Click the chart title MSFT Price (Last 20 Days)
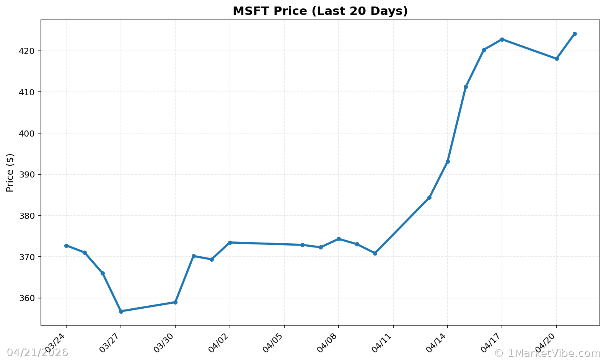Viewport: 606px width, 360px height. (x=320, y=11)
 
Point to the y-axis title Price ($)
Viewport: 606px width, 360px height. (x=10, y=173)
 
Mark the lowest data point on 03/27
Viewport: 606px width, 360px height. (x=121, y=311)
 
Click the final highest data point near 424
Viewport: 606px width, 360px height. (x=575, y=34)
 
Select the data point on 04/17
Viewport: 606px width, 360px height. (x=502, y=39)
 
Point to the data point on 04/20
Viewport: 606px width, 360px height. (x=557, y=59)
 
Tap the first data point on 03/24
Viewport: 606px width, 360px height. (x=66, y=246)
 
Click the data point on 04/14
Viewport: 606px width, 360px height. (x=448, y=161)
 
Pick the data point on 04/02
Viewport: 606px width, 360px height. (x=230, y=243)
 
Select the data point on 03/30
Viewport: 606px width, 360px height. (x=175, y=302)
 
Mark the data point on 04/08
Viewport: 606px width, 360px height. (x=339, y=239)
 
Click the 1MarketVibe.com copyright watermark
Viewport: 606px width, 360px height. (x=547, y=353)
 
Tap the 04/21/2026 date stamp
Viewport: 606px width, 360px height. (x=37, y=352)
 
